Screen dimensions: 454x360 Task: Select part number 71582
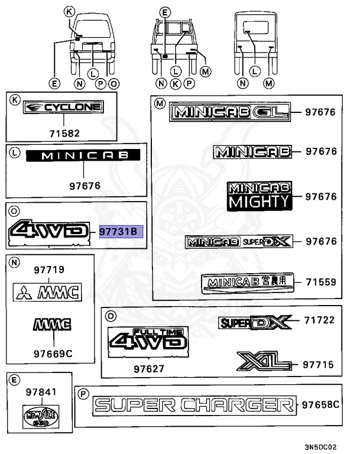63,134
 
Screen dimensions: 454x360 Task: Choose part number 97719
50,270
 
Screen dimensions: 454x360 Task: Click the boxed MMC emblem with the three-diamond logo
48,290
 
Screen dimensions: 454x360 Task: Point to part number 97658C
320,405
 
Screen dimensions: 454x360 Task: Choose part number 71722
320,321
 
